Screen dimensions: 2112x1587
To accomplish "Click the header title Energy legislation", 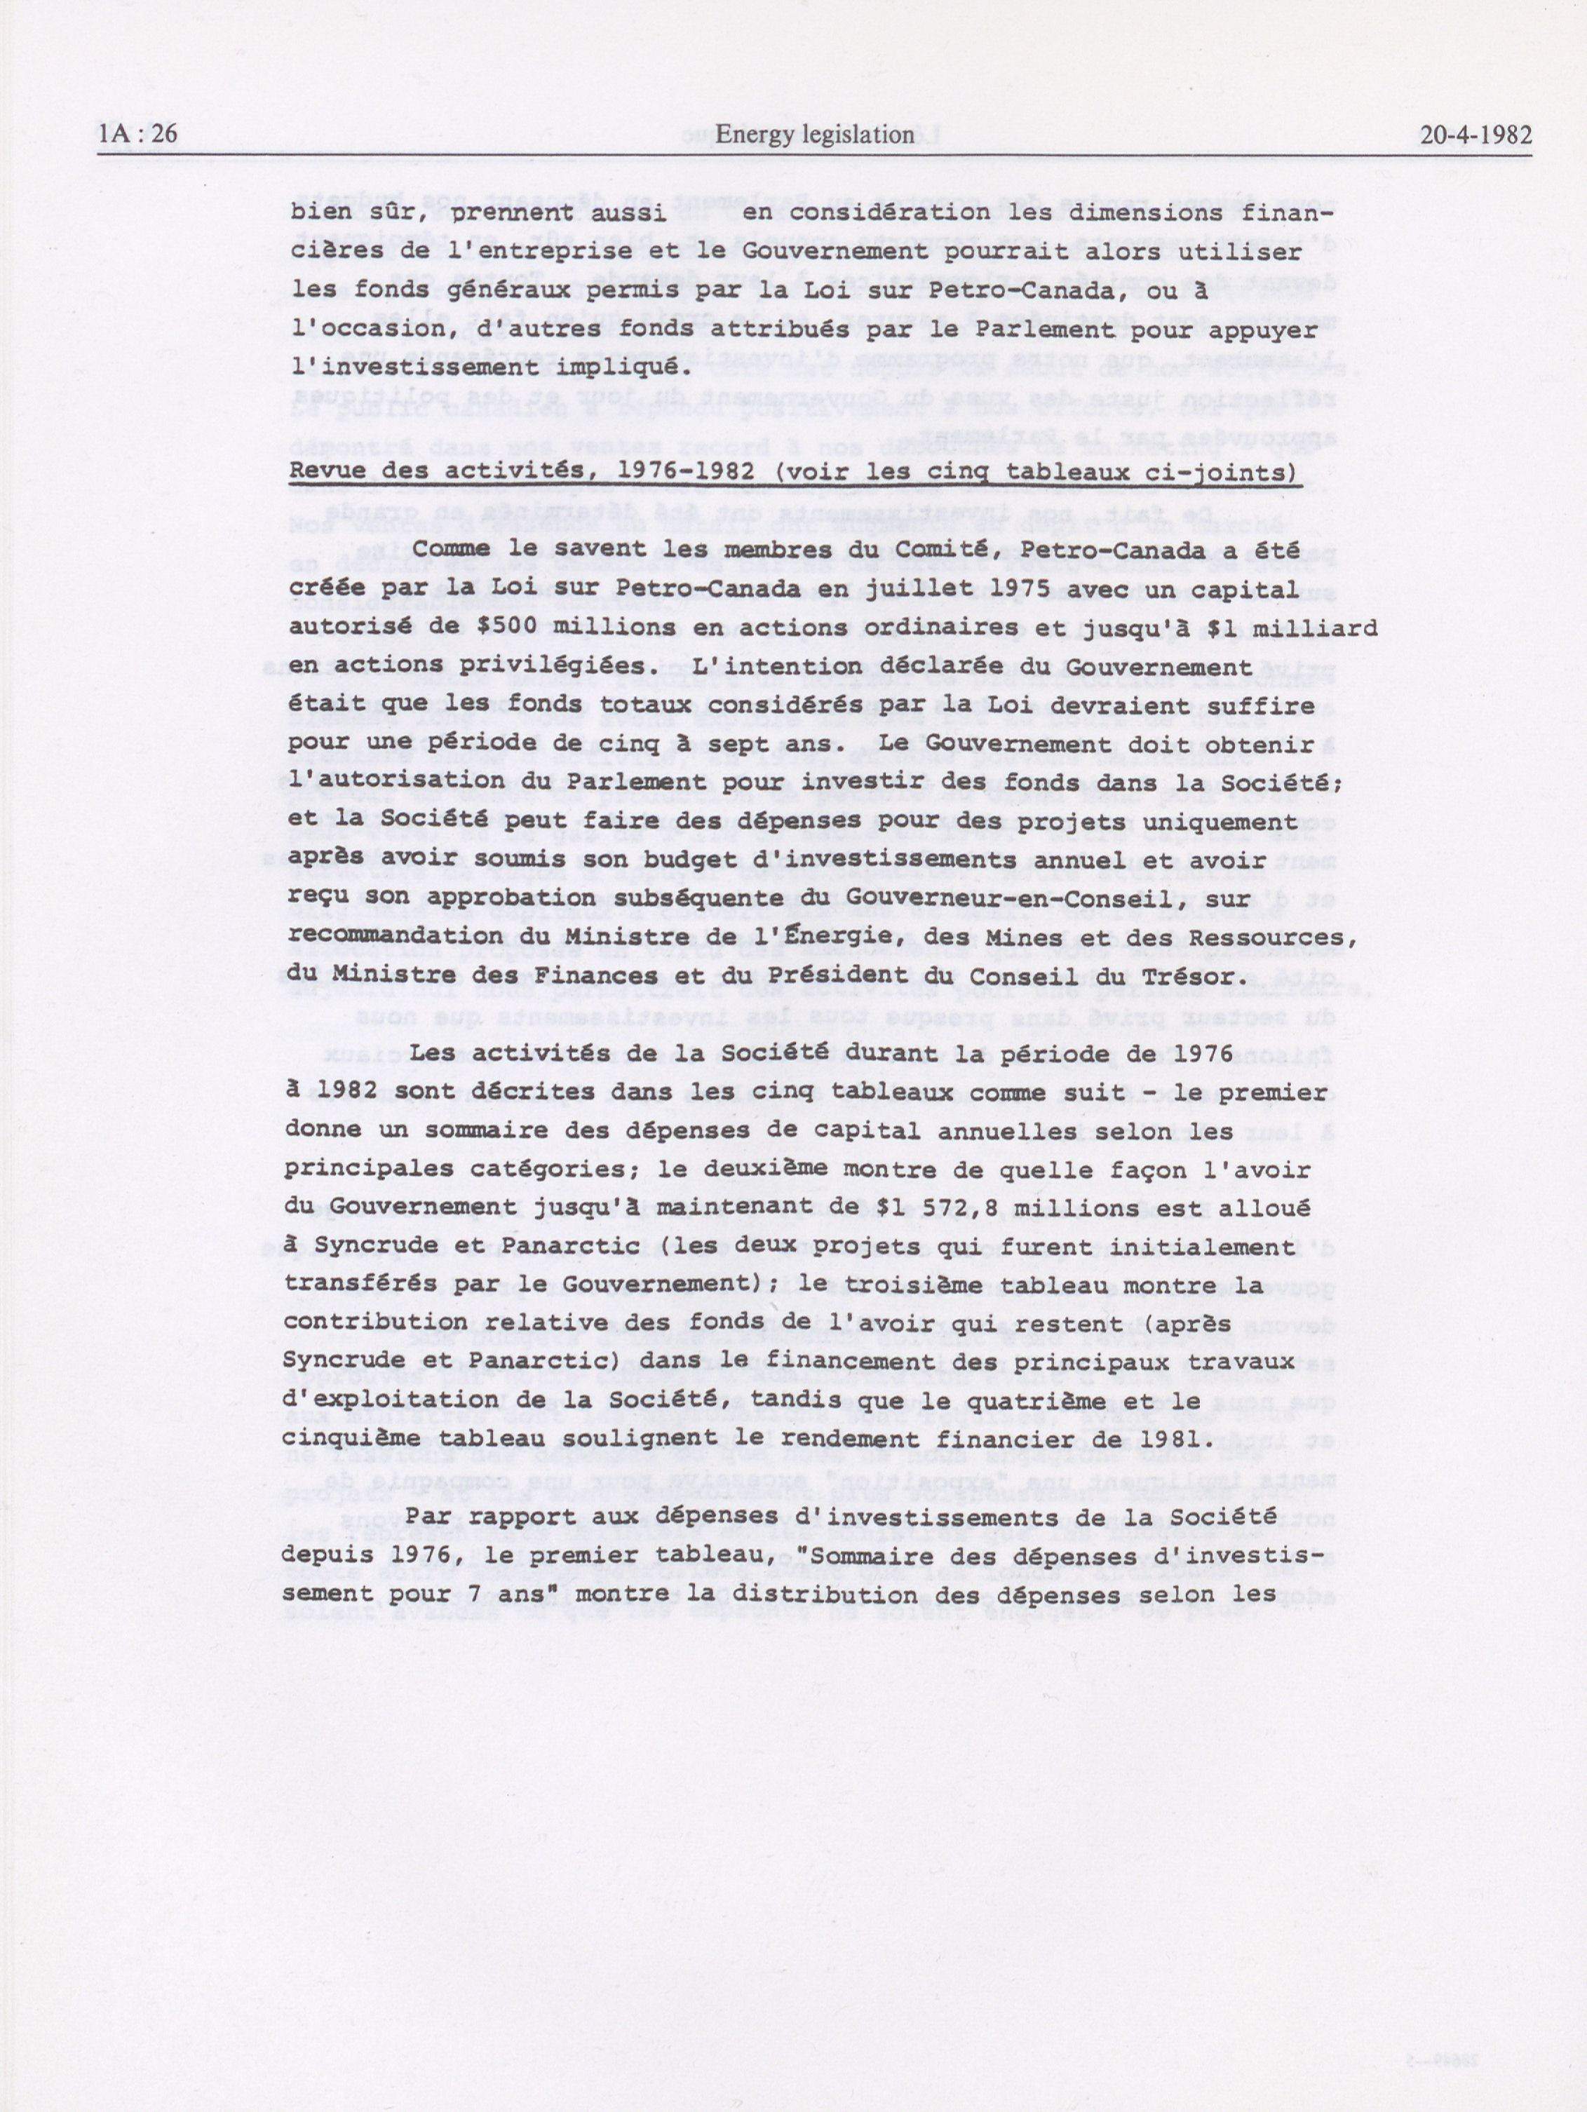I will (x=813, y=135).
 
